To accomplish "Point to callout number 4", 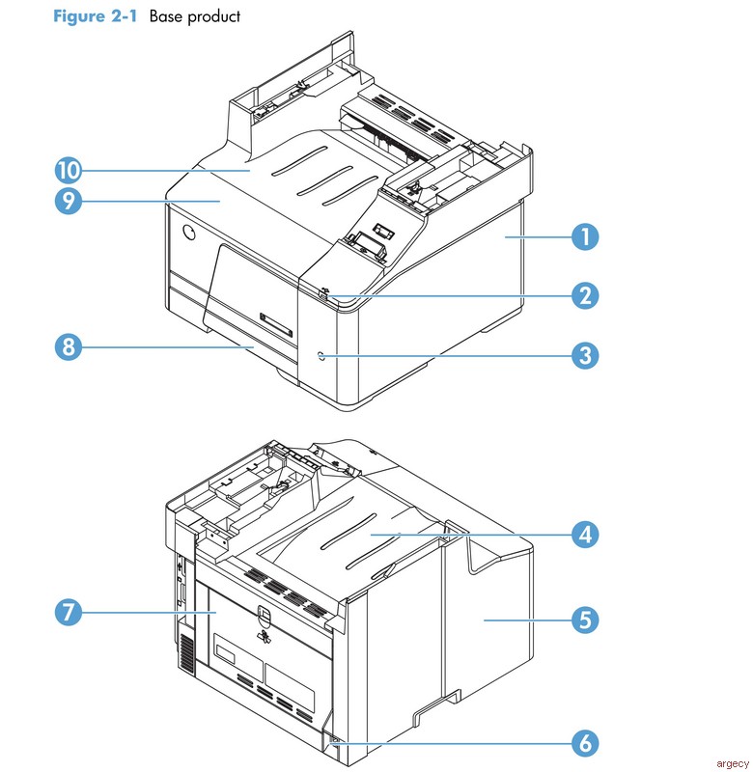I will click(x=583, y=534).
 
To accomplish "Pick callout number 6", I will click(x=583, y=744).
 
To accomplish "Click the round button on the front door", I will click(x=188, y=234).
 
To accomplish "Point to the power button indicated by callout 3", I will click(x=321, y=356).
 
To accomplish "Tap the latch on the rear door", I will click(x=265, y=615).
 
